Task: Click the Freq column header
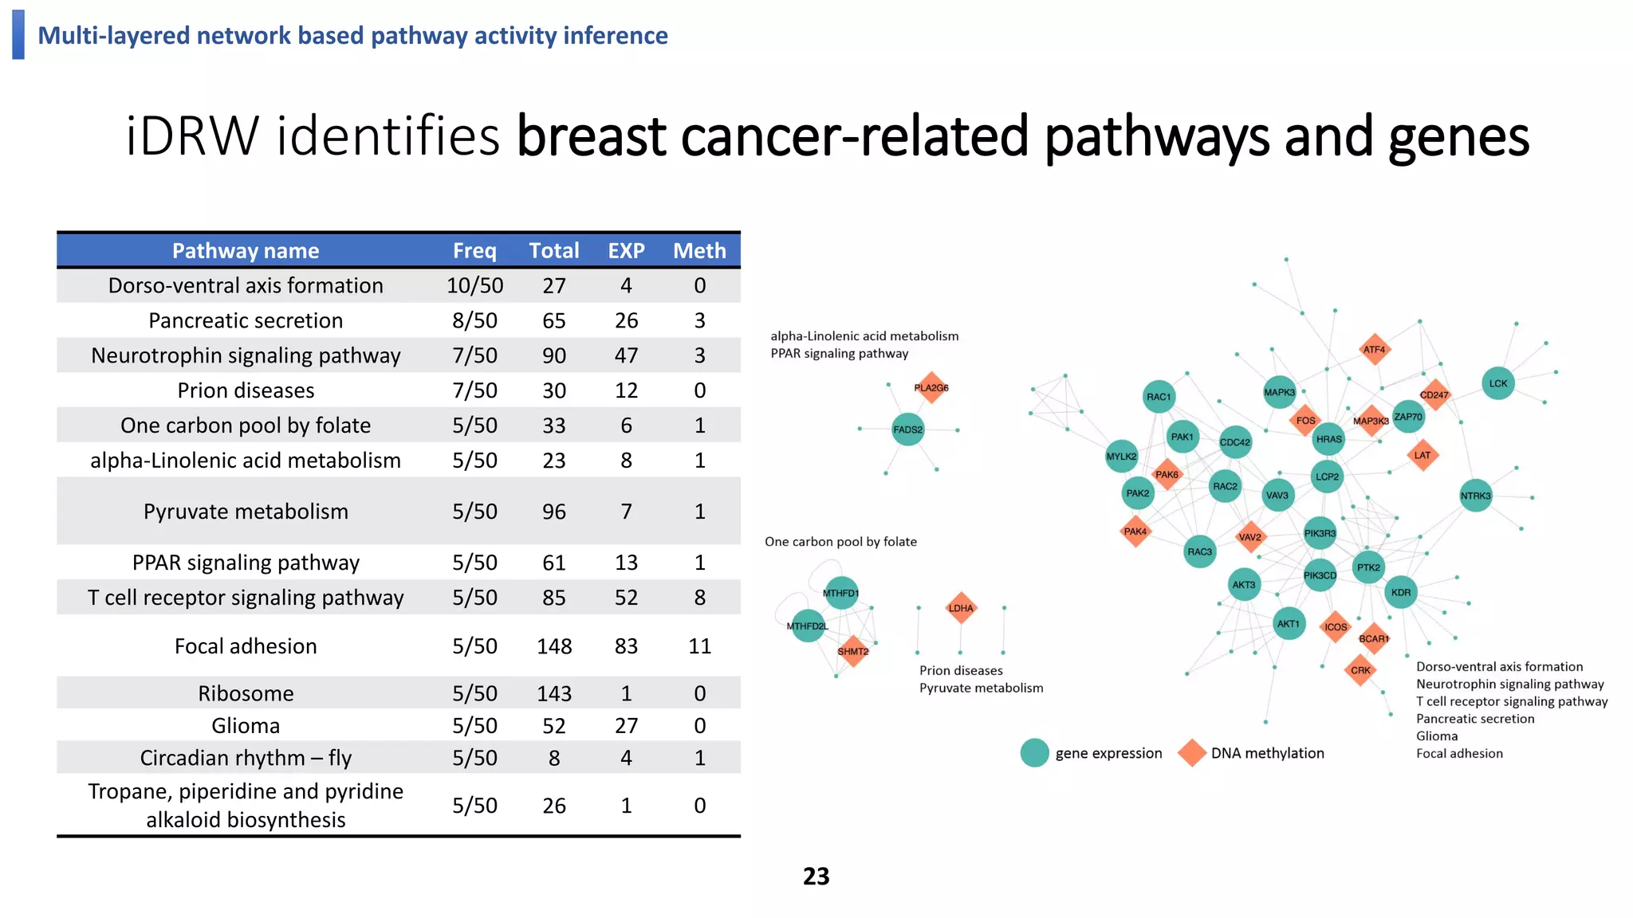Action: tap(474, 251)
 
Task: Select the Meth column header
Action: tap(699, 251)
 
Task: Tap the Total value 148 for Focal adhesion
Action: tap(554, 646)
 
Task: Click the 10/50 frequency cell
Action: tap(474, 285)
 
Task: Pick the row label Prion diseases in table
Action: tap(246, 390)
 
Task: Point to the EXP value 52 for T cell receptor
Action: tap(626, 598)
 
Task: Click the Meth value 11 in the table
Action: tap(699, 646)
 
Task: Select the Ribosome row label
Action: tap(246, 693)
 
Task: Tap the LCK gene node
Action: tap(1497, 383)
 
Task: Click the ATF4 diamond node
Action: tap(1374, 350)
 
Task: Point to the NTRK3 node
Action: tap(1475, 496)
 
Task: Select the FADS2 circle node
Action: tap(907, 430)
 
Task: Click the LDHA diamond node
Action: tap(961, 608)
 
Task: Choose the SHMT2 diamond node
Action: tap(852, 651)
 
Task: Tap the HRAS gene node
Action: tap(1328, 439)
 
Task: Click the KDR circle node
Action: tap(1400, 592)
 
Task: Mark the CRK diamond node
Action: tap(1360, 670)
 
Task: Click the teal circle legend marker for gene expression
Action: tap(1034, 753)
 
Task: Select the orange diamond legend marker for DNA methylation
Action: tap(1191, 753)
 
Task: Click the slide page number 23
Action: tap(816, 877)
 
